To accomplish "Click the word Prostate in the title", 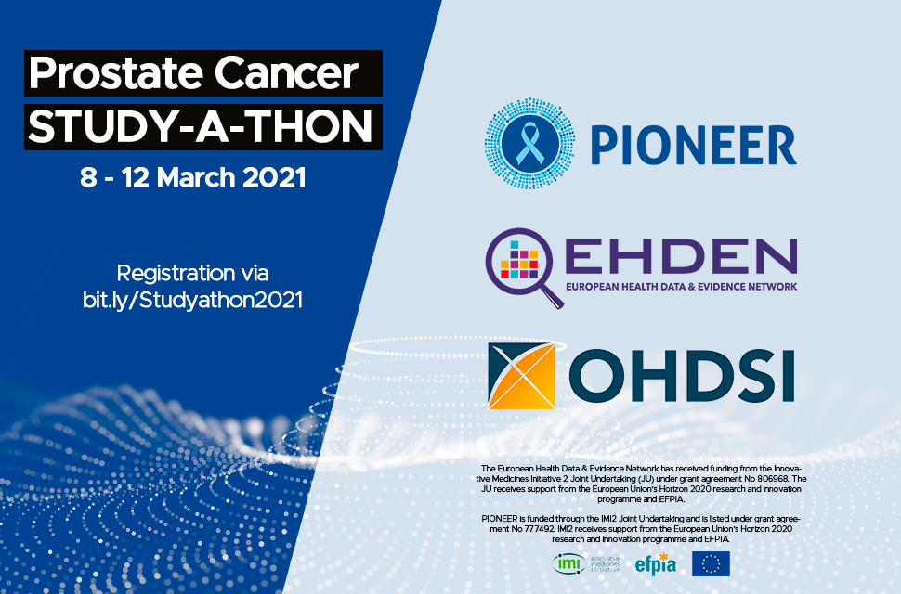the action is (x=116, y=73).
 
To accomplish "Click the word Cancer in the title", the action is (x=287, y=73).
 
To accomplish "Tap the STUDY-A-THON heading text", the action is (x=201, y=127).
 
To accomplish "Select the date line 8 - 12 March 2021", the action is (x=193, y=177).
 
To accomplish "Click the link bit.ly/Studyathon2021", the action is (x=192, y=300).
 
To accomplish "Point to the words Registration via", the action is (x=192, y=273).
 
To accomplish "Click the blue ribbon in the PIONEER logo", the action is (x=529, y=143).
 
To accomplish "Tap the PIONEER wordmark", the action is (x=694, y=145).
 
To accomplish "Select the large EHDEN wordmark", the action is (x=681, y=256).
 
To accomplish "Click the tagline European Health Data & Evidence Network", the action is (x=682, y=287).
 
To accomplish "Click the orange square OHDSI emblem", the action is (x=522, y=376).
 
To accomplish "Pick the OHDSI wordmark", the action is (x=682, y=377).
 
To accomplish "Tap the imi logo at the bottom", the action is (x=586, y=563).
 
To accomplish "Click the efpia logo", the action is (x=656, y=564).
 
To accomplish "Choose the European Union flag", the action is (x=711, y=563).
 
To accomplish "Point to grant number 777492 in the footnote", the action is (x=537, y=529).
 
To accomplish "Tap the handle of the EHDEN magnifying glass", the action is (x=553, y=298).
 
